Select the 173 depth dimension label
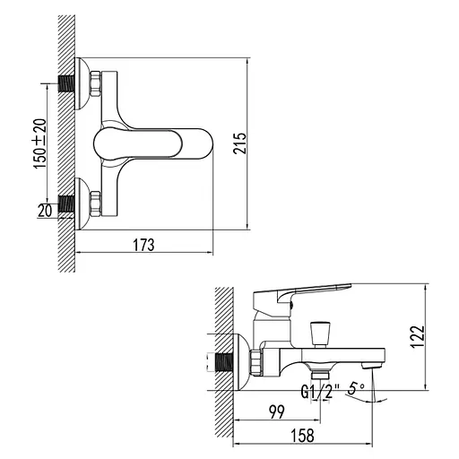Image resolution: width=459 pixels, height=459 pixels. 143,244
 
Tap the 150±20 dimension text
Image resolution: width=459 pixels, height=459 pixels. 39,143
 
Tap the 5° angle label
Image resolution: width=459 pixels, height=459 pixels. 356,390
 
